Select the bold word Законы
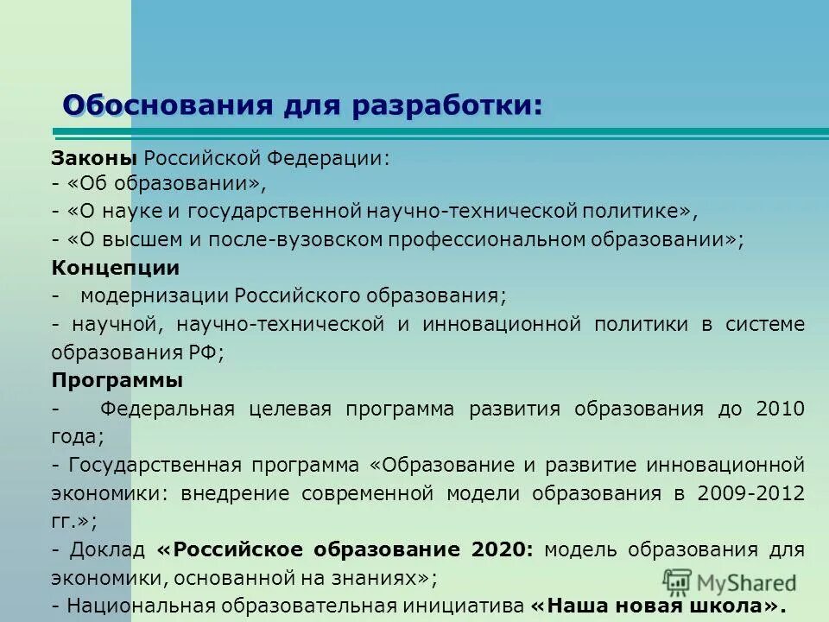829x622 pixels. [94, 158]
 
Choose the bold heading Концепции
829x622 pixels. [116, 268]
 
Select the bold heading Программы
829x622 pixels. [117, 380]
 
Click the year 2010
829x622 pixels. [780, 409]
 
